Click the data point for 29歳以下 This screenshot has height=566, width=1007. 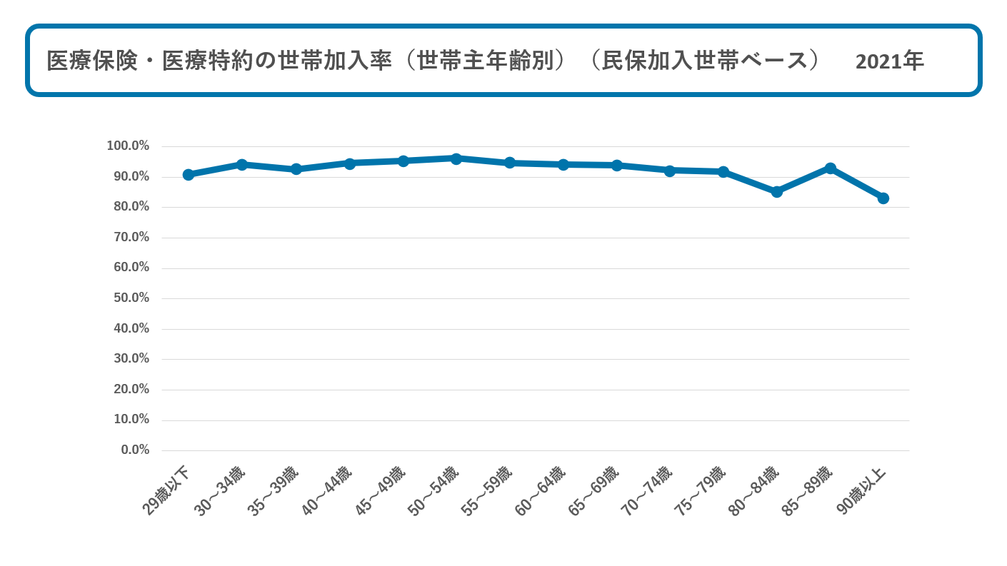point(189,175)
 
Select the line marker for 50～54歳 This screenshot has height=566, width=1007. point(456,158)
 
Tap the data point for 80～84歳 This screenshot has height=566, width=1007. point(777,192)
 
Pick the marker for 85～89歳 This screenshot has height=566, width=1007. point(831,168)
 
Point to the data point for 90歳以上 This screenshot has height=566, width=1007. point(883,198)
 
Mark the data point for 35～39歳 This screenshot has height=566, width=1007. point(296,169)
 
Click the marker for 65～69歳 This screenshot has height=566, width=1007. point(617,166)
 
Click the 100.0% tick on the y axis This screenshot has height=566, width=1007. point(128,146)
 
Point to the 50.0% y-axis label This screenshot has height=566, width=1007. point(131,298)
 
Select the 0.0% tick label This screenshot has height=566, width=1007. point(135,450)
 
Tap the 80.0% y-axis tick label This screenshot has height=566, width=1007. point(131,206)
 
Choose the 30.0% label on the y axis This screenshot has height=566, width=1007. point(131,358)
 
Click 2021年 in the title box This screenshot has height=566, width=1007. point(889,61)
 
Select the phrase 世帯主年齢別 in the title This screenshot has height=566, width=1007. point(486,61)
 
